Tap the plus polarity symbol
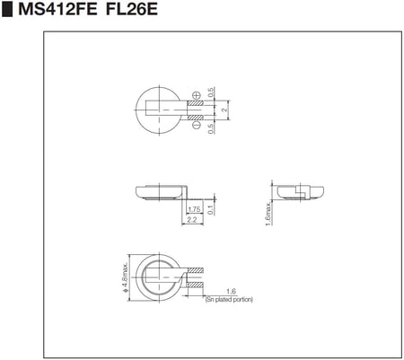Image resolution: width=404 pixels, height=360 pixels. (197, 93)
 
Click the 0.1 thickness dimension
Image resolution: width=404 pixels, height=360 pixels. (210, 210)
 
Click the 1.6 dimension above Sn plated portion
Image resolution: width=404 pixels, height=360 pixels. (231, 291)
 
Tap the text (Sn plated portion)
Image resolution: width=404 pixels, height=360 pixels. (229, 299)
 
